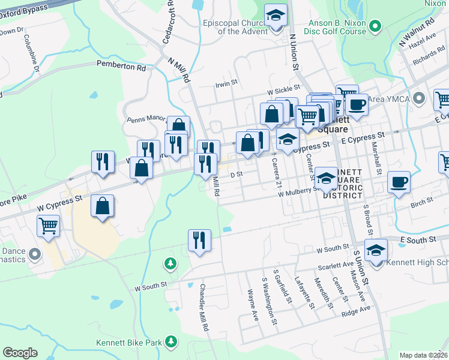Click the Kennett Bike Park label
coord(129,343)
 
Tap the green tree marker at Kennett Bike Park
coord(172,341)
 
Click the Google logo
coord(20,353)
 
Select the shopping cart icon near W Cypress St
coord(49,226)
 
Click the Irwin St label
coord(227,85)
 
